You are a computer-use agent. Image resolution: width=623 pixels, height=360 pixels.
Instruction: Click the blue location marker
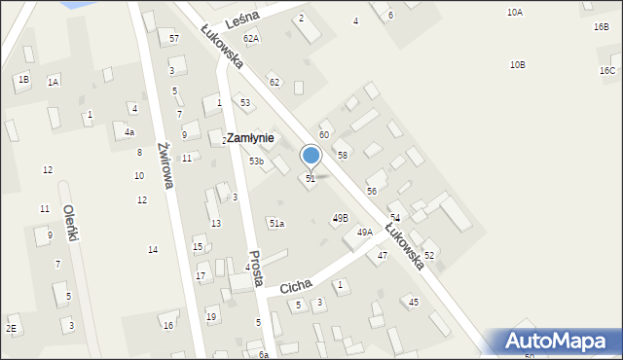pyautogui.click(x=311, y=155)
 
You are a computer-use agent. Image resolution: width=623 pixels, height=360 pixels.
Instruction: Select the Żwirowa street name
pyautogui.click(x=164, y=164)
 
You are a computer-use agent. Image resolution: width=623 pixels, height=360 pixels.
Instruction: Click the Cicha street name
pyautogui.click(x=295, y=286)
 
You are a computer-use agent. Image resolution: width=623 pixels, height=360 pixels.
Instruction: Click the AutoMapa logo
pyautogui.click(x=557, y=342)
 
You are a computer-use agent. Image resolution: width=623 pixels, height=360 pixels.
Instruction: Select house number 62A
pyautogui.click(x=251, y=38)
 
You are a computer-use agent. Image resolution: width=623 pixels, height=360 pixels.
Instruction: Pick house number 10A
pyautogui.click(x=515, y=12)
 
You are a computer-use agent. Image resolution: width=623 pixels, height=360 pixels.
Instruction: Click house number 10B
pyautogui.click(x=518, y=64)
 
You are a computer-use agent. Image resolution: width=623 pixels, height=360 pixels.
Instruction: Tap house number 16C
pyautogui.click(x=607, y=71)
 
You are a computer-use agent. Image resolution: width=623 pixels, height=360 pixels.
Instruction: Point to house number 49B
pyautogui.click(x=340, y=218)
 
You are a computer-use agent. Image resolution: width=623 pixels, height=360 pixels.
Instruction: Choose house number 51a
pyautogui.click(x=277, y=224)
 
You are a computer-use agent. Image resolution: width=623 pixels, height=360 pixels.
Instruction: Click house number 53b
pyautogui.click(x=256, y=162)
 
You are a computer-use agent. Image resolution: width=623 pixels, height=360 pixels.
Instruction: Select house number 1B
pyautogui.click(x=22, y=79)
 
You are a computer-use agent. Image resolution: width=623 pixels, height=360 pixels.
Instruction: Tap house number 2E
pyautogui.click(x=11, y=329)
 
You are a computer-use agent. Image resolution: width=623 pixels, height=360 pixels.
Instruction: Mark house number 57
pyautogui.click(x=174, y=38)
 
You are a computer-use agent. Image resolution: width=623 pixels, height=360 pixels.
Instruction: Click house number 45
pyautogui.click(x=414, y=303)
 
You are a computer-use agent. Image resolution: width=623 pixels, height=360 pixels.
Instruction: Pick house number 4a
pyautogui.click(x=129, y=131)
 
